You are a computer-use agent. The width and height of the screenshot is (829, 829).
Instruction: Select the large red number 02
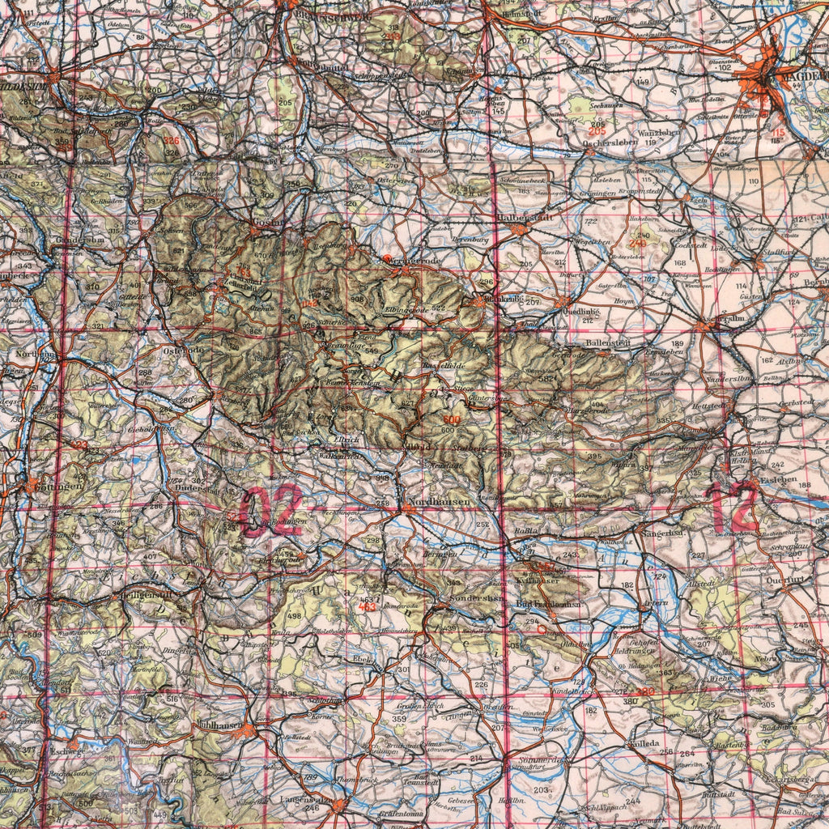click(x=271, y=512)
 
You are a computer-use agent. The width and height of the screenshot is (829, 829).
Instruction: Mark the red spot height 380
click(x=645, y=691)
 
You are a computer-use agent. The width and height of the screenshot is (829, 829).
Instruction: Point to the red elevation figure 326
click(x=171, y=141)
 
